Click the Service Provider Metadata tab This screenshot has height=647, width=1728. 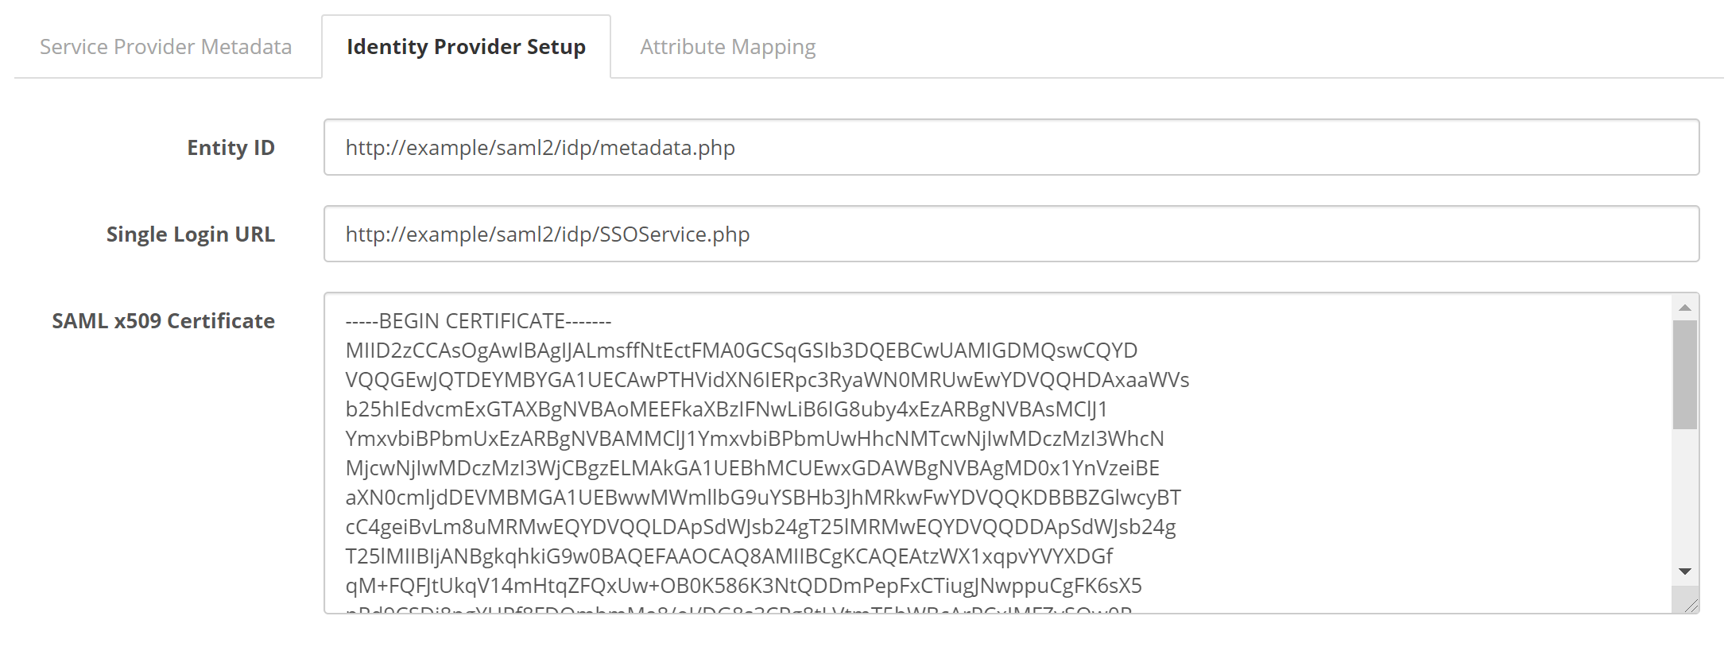pos(165,47)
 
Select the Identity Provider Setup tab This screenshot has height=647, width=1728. pos(466,47)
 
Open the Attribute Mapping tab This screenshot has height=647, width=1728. pos(727,47)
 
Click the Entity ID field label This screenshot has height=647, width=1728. pos(231,148)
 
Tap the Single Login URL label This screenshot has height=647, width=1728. pos(191,234)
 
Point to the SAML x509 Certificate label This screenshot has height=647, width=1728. pos(164,321)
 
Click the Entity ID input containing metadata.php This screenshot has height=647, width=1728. pos(1011,148)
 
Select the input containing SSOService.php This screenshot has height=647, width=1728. pos(1011,234)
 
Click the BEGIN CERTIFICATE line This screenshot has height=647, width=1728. pos(478,321)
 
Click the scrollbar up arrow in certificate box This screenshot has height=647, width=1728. pos(1684,308)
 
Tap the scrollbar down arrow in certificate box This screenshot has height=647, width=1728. pos(1684,571)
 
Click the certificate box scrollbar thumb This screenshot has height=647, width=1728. pos(1684,374)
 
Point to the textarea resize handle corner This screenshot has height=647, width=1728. pos(1691,606)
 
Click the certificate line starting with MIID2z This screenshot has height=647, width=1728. pos(742,351)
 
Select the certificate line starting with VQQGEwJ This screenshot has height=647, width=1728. pos(767,380)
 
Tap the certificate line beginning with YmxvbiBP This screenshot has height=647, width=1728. pos(754,439)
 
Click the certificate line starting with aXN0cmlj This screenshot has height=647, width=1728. pos(763,498)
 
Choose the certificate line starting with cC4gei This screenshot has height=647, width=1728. pos(761,527)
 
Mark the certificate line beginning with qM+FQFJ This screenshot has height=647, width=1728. pos(743,586)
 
